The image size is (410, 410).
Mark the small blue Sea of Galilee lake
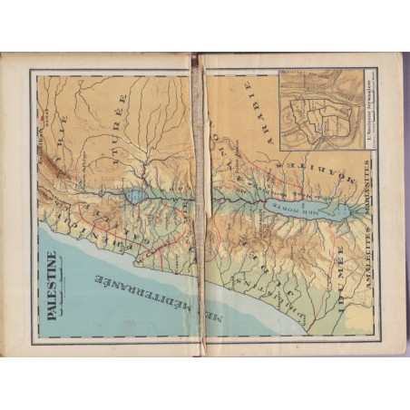point(136,195)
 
